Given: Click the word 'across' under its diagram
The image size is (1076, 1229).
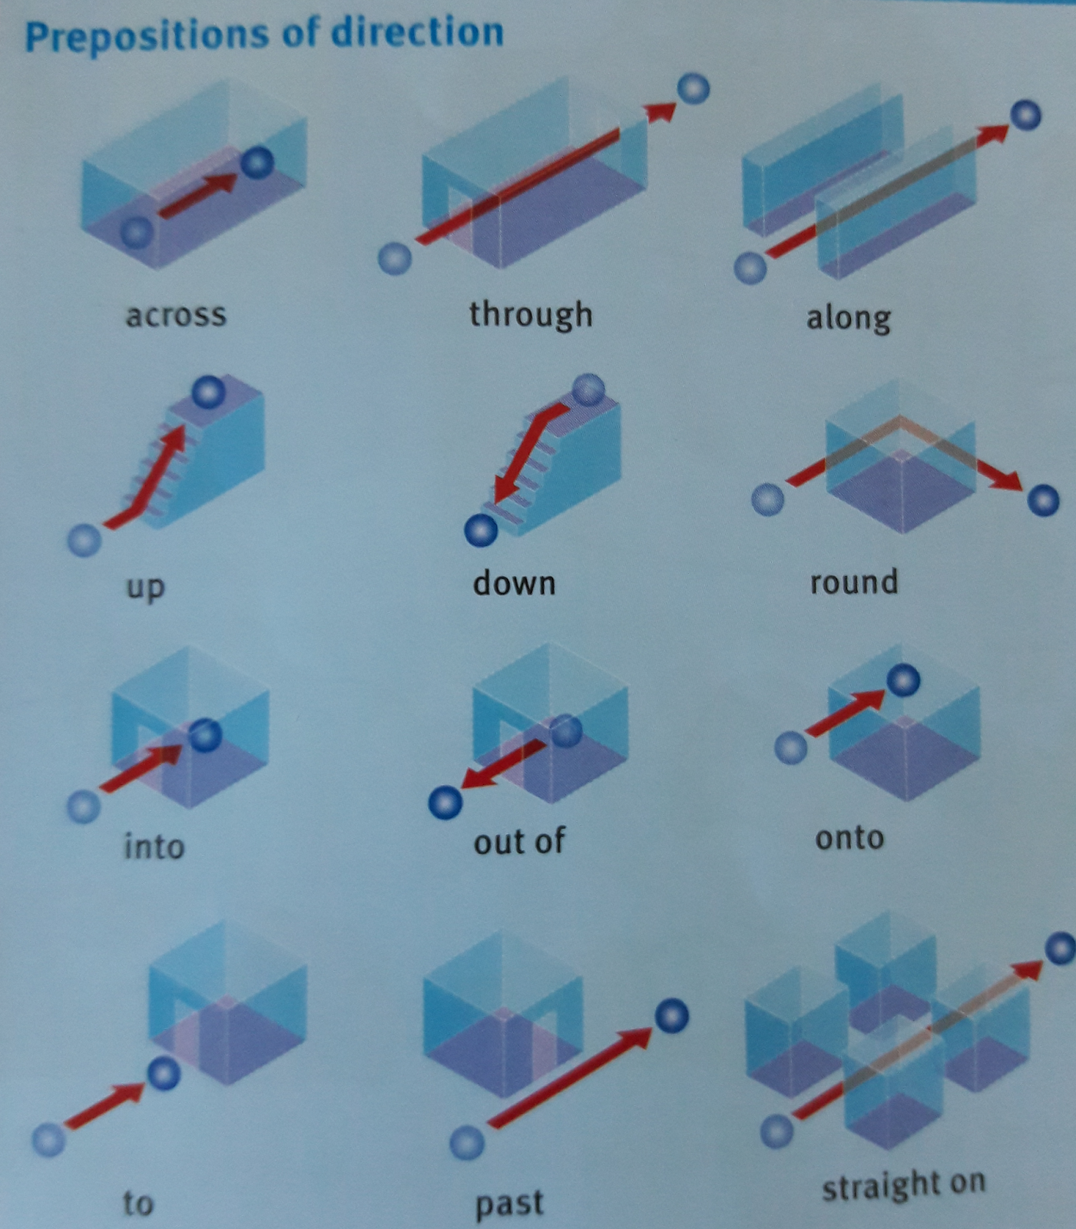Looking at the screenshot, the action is (x=176, y=315).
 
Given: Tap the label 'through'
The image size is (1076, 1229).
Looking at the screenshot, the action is (x=531, y=315).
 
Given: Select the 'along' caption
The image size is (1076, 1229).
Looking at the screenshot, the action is (x=849, y=317).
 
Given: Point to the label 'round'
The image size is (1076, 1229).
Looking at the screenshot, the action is (x=854, y=581).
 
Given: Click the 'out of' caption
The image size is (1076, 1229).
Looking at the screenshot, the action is (x=519, y=841).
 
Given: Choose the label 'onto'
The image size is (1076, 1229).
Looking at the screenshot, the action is (x=849, y=837).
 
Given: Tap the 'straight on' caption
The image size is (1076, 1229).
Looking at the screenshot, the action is (x=904, y=1185).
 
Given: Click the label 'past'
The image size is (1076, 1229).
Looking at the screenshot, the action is (x=509, y=1203).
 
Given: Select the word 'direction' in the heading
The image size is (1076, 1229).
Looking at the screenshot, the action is (x=417, y=32).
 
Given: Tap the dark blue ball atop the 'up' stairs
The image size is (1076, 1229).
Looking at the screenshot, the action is (x=208, y=393).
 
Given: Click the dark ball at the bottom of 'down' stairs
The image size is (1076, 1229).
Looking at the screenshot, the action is (x=482, y=530).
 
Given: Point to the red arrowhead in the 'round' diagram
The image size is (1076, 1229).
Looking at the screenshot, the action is (x=1007, y=480).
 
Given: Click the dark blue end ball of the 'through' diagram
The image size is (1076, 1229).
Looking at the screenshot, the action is (x=694, y=88).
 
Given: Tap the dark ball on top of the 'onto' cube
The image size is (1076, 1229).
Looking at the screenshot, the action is (x=903, y=680).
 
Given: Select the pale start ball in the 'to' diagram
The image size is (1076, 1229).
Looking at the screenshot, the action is (x=49, y=1139).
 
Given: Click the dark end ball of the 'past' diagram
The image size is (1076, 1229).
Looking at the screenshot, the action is (x=672, y=1016).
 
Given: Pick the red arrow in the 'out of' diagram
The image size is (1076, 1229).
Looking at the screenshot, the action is (x=503, y=764).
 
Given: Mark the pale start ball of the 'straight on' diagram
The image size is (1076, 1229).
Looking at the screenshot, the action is (x=776, y=1131).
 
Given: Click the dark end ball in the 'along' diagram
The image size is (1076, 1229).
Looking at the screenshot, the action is (x=1025, y=115).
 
